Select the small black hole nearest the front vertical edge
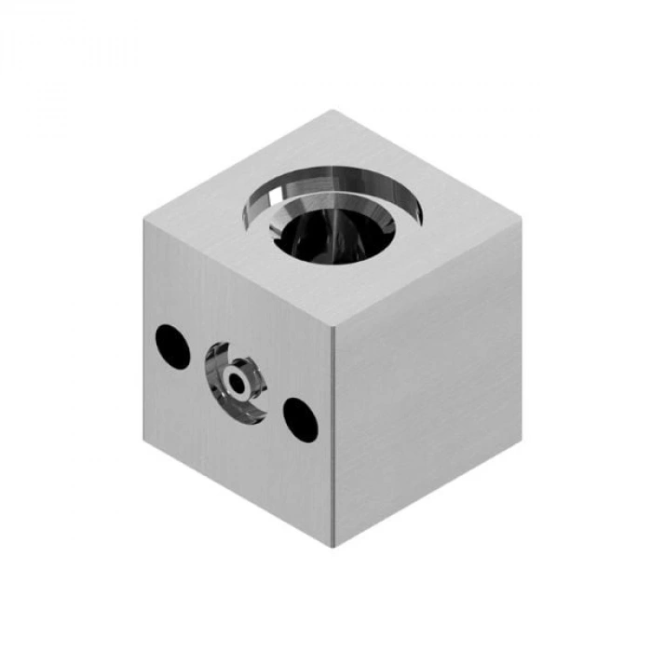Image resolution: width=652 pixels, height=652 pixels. (299, 418)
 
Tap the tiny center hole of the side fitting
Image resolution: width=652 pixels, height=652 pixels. (238, 381)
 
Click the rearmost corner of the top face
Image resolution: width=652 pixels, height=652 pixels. (333, 111)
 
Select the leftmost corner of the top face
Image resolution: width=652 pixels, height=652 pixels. (144, 219)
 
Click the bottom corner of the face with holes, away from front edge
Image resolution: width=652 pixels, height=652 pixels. (144, 438)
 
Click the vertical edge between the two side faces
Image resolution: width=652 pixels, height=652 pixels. (334, 438)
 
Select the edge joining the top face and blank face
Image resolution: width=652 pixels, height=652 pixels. (428, 273)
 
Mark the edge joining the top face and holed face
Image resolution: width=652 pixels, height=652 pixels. (239, 272)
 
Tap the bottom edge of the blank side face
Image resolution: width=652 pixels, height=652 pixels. (428, 491)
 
